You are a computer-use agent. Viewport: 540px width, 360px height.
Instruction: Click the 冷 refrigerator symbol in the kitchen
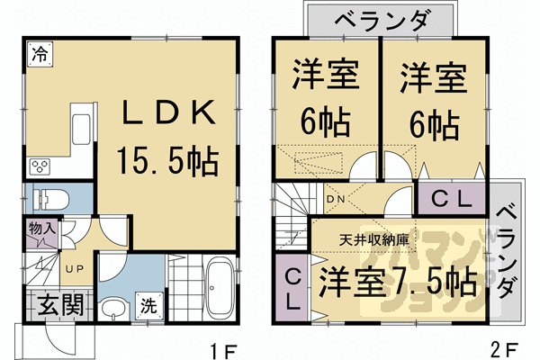click(x=38, y=55)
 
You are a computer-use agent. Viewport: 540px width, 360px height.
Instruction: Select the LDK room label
click(x=168, y=115)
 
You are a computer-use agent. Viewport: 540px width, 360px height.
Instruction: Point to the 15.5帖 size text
click(x=168, y=162)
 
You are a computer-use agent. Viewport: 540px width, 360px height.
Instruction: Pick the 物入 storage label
click(x=42, y=231)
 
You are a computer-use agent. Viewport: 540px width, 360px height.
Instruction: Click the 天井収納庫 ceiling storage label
click(x=374, y=240)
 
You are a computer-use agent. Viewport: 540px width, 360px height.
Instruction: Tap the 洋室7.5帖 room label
click(x=396, y=282)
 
